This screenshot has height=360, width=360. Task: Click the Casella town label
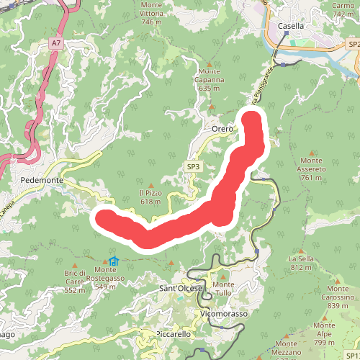point(292,26)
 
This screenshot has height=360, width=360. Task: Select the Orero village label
point(222,129)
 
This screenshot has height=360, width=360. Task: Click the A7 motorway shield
point(56,44)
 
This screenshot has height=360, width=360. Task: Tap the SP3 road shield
point(193,167)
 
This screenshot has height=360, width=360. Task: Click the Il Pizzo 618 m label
point(150,197)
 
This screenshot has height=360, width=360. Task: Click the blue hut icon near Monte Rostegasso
point(114,262)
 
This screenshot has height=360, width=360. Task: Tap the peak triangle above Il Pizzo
point(150,183)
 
